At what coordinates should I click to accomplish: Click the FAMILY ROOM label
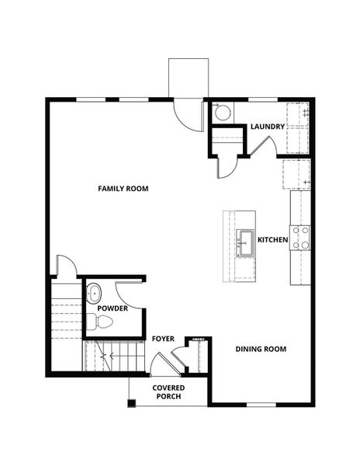click(x=123, y=189)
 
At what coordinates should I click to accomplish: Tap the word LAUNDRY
click(x=268, y=127)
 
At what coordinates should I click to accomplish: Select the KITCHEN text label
click(x=273, y=240)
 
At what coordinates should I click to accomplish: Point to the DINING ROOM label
click(x=261, y=349)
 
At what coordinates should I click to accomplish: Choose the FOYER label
click(x=162, y=339)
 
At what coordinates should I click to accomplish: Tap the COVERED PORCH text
click(x=168, y=391)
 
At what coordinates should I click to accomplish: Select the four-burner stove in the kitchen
click(x=300, y=238)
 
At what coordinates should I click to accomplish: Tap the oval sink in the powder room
click(x=94, y=294)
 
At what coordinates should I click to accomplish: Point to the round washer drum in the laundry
click(x=222, y=113)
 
